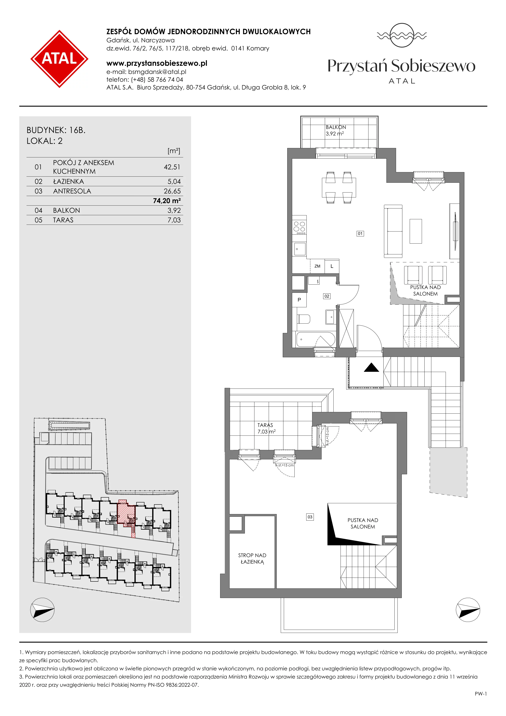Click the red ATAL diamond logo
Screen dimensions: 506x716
(x=59, y=59)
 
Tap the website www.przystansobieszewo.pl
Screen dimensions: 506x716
(x=157, y=63)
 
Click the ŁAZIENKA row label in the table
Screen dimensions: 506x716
(x=68, y=182)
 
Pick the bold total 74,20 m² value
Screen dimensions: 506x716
(x=167, y=201)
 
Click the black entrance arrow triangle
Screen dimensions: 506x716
(x=371, y=368)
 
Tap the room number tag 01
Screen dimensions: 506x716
(x=360, y=234)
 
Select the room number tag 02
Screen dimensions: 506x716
(x=326, y=296)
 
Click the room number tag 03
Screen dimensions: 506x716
(x=310, y=517)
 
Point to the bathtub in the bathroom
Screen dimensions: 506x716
(x=316, y=339)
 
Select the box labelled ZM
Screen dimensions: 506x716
(x=317, y=266)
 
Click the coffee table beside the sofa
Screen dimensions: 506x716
(x=416, y=231)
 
